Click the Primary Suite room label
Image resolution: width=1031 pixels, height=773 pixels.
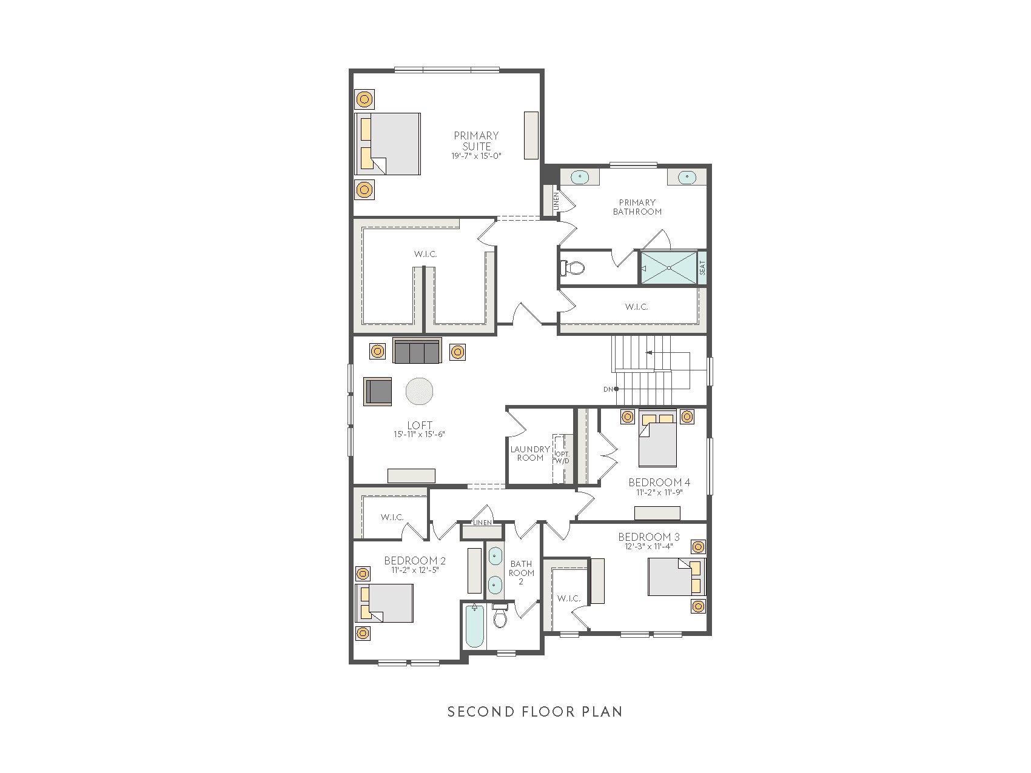477,141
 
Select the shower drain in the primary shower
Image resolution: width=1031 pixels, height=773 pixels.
669,267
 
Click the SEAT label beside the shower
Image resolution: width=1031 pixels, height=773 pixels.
702,268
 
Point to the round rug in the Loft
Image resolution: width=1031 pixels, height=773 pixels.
419,392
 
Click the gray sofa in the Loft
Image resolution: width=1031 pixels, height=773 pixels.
417,351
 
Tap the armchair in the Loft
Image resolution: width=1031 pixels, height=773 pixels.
378,391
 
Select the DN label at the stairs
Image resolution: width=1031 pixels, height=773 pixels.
608,389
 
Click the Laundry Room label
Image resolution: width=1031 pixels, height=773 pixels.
530,453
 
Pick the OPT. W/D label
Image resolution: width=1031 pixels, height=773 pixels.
562,457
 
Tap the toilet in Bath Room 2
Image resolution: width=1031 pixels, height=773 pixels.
500,615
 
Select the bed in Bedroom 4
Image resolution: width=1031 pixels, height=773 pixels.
657,438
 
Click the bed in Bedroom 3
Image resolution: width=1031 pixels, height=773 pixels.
676,577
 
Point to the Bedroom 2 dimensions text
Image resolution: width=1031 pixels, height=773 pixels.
415,570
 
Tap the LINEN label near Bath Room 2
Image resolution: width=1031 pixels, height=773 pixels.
483,523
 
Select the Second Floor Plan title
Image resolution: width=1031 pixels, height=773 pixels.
535,711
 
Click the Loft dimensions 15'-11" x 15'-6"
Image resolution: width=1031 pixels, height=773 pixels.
419,434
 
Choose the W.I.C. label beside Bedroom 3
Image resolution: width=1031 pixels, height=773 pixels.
569,598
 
